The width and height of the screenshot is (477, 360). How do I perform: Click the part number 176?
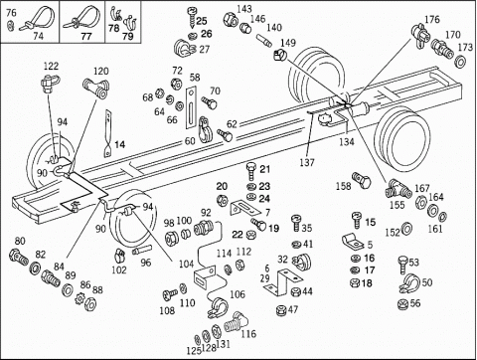click(432, 19)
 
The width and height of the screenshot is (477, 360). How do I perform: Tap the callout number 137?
click(307, 162)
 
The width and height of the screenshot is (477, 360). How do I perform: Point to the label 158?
click(343, 186)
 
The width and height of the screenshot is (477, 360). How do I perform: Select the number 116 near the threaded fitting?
click(248, 333)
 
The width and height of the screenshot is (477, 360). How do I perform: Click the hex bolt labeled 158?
click(362, 180)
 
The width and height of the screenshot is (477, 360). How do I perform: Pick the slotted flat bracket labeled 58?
click(191, 107)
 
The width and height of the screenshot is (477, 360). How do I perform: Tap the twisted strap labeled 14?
click(108, 133)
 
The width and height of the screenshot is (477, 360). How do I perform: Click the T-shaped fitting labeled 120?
click(97, 89)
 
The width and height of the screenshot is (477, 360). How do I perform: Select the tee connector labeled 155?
click(397, 188)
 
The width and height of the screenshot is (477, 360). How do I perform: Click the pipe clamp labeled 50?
click(409, 282)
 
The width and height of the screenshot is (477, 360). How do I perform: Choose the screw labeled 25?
click(192, 18)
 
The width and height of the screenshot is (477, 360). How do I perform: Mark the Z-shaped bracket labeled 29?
click(284, 282)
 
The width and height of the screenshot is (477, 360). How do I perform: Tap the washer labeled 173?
click(460, 61)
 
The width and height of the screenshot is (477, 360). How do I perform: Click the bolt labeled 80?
click(19, 258)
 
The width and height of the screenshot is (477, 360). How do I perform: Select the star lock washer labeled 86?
click(80, 296)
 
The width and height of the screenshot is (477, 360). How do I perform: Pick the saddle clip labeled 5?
click(353, 241)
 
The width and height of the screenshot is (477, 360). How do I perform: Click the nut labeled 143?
click(231, 19)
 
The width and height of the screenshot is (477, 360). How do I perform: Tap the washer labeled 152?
click(406, 229)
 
